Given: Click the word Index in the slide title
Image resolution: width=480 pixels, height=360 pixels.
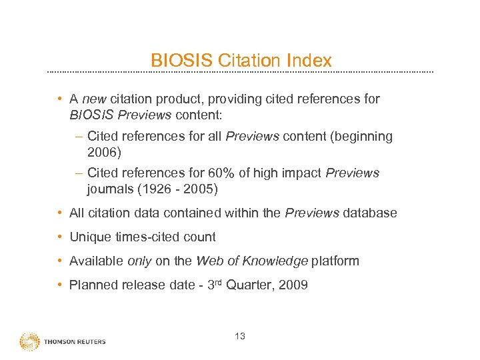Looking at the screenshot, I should (x=309, y=61).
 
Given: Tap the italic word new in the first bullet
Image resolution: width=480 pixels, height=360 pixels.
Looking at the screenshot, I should (x=95, y=99).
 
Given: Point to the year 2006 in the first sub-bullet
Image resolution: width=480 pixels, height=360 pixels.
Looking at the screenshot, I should (x=102, y=153).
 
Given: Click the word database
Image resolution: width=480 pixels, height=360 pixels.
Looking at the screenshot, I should (x=371, y=213).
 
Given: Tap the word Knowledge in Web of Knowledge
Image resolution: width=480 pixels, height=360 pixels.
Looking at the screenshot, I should (x=274, y=261).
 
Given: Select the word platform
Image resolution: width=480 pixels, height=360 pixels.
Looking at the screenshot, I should (x=335, y=261).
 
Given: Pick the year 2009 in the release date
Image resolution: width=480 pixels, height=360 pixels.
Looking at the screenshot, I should (x=293, y=285).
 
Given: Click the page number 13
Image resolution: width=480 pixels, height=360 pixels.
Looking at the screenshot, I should (x=240, y=336).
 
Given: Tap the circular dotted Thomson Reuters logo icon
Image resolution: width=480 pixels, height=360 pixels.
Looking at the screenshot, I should (x=29, y=341).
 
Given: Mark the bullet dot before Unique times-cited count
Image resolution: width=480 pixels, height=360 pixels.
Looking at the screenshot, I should (x=60, y=237).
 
